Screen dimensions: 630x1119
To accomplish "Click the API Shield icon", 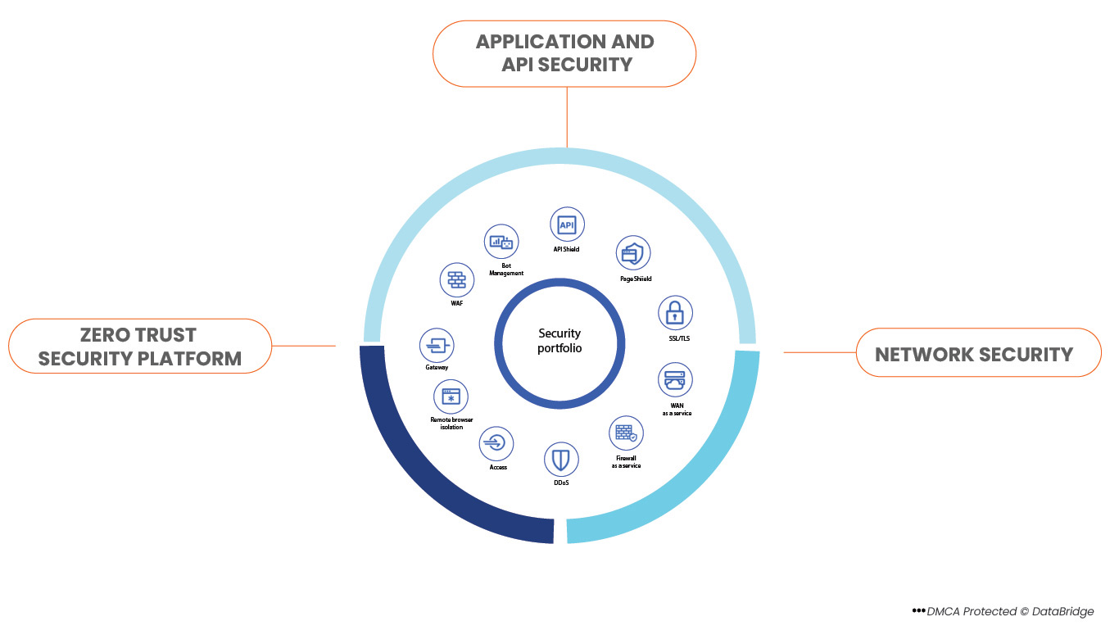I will [x=567, y=224].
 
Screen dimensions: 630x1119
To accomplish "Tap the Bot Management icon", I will [x=501, y=242].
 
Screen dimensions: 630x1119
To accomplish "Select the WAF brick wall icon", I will [x=456, y=280].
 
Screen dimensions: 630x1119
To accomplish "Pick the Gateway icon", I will [x=437, y=346].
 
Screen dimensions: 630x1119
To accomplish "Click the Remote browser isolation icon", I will [x=451, y=397].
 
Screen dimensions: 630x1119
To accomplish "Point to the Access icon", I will [x=496, y=444].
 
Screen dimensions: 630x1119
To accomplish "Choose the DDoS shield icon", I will [x=561, y=460].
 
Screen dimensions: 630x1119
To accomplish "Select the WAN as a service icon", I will [x=676, y=380].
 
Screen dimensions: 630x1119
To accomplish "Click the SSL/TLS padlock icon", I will [x=675, y=312].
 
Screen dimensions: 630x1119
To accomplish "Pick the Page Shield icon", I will [x=633, y=253].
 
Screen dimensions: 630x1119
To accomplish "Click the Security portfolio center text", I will [x=559, y=341].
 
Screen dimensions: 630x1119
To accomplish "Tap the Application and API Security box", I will [x=564, y=53].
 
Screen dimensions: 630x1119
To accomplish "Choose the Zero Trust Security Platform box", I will [x=139, y=346].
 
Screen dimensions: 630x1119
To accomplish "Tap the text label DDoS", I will [x=561, y=483].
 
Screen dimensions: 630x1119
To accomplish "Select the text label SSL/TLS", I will [x=678, y=338].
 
